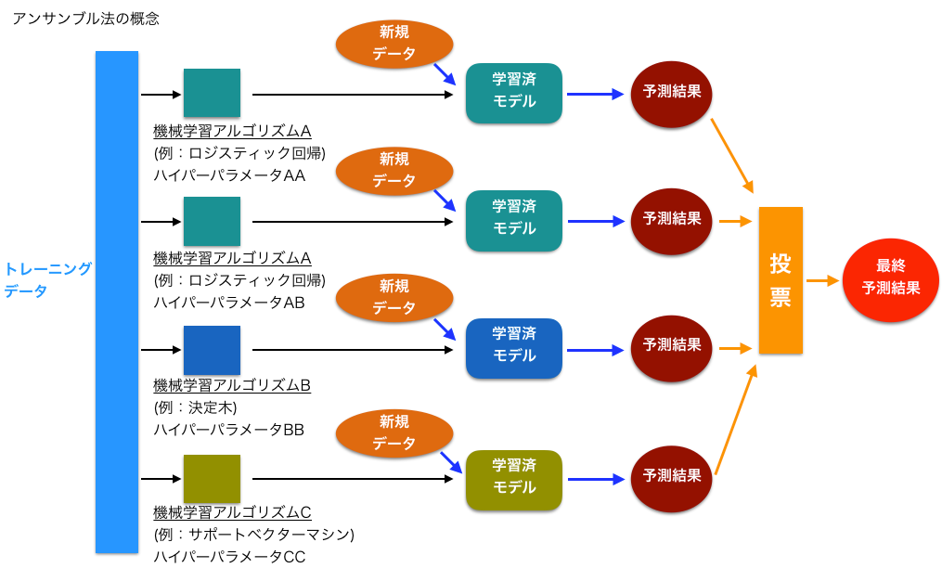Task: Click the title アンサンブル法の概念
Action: tap(85, 19)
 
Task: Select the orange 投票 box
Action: tap(781, 280)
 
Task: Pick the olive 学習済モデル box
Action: tap(514, 480)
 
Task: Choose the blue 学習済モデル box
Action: tap(514, 348)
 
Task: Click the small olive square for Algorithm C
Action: tap(212, 479)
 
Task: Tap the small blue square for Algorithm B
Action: tap(212, 350)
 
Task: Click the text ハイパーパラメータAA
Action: tap(229, 174)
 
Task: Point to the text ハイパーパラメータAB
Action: tap(229, 303)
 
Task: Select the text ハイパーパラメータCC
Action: tap(229, 557)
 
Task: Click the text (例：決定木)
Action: tap(196, 407)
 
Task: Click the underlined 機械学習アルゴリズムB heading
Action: tap(232, 385)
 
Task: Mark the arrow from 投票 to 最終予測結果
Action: tap(822, 279)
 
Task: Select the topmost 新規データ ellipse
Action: tap(394, 44)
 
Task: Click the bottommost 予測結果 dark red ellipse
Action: tap(672, 479)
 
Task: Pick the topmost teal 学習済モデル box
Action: tap(514, 94)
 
